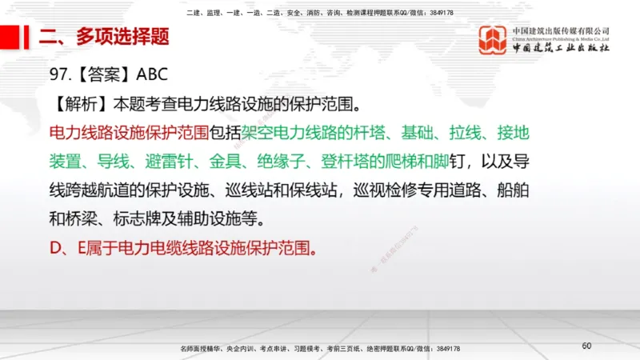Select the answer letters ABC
(152, 76)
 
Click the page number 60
(586, 346)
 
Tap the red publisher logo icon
(492, 39)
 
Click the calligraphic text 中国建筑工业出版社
(560, 48)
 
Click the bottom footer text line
(320, 349)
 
